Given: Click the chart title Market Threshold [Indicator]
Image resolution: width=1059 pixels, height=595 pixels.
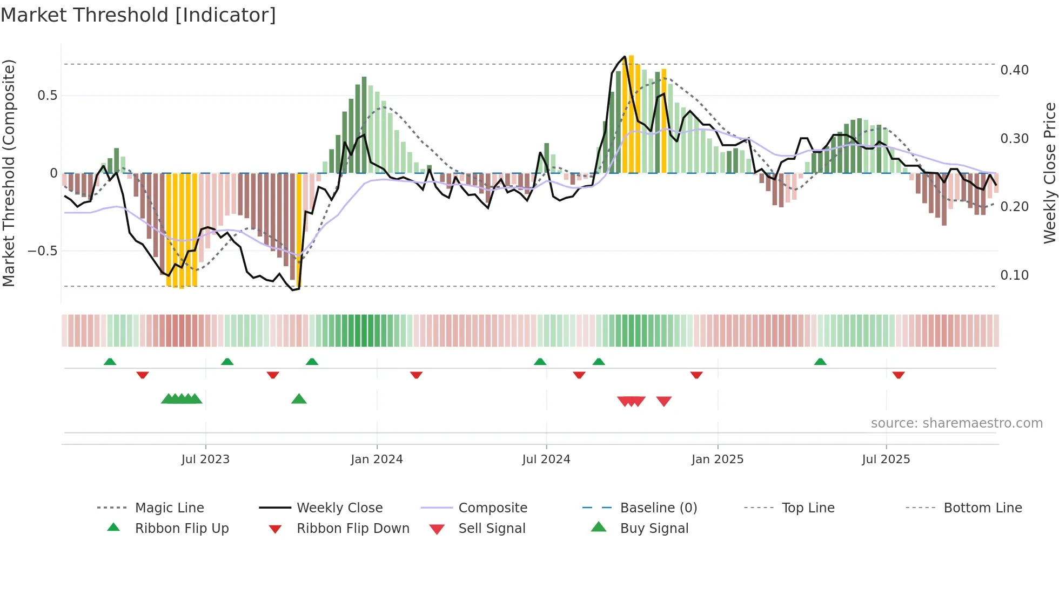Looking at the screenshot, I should click(138, 15).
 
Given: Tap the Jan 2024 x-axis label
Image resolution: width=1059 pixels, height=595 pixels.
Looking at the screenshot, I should click(377, 459).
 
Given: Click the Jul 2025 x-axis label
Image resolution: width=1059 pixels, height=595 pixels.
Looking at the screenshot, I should click(886, 459).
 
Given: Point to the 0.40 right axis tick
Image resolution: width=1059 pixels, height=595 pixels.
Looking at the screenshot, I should click(1014, 70).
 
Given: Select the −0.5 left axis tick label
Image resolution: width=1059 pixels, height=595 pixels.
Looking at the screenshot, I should click(42, 251).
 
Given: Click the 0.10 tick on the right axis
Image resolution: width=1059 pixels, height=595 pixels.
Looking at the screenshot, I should click(1014, 275).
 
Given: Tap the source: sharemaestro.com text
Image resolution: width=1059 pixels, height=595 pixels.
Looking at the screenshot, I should click(956, 423).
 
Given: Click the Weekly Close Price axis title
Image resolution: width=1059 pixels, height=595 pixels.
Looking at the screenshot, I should click(1049, 173).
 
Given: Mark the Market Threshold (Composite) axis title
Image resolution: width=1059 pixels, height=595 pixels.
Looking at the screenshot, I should click(9, 173).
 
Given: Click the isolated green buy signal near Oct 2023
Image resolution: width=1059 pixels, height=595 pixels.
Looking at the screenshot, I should click(299, 399).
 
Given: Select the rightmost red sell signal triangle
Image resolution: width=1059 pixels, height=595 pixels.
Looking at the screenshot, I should click(663, 401).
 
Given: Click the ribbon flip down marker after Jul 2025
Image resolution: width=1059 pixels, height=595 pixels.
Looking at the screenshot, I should click(898, 375).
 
